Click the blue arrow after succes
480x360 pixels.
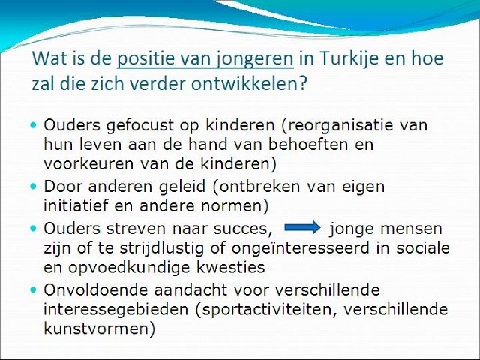point(302,227)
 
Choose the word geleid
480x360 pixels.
point(181,187)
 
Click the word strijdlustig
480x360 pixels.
point(162,248)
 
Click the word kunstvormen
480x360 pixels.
point(100,328)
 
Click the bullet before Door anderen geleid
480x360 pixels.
point(33,187)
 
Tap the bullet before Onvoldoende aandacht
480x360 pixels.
point(33,289)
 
